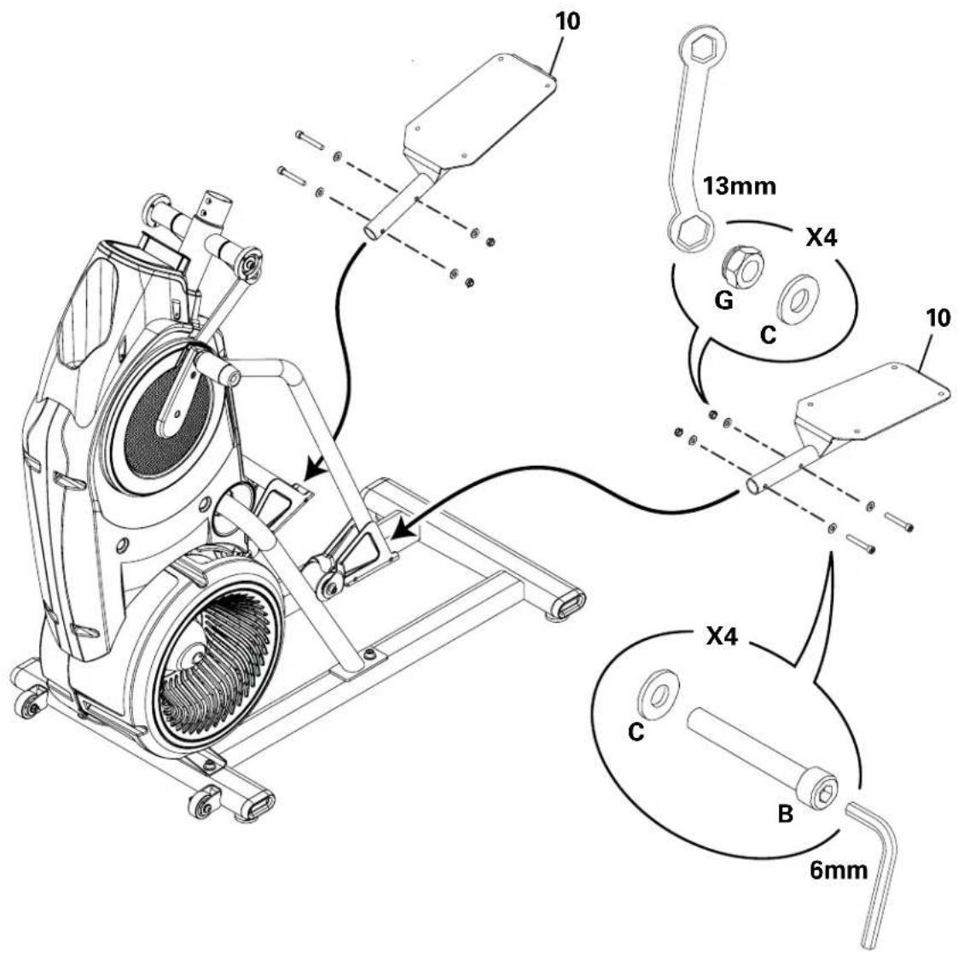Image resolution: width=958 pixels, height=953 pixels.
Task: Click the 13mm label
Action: [x=739, y=186]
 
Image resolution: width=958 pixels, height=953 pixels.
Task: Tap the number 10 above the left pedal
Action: [x=566, y=20]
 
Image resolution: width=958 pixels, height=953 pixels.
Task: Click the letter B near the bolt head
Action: [x=786, y=813]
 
